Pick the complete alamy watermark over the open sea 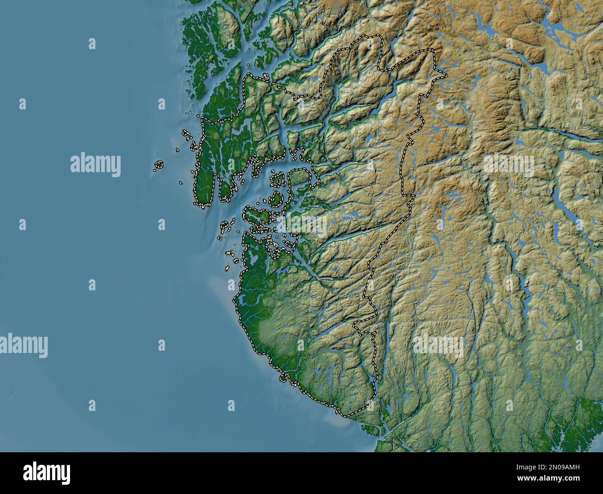(95, 165)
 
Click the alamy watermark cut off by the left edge (23, 346)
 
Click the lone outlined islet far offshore (159, 164)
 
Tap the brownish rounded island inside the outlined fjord (300, 178)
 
